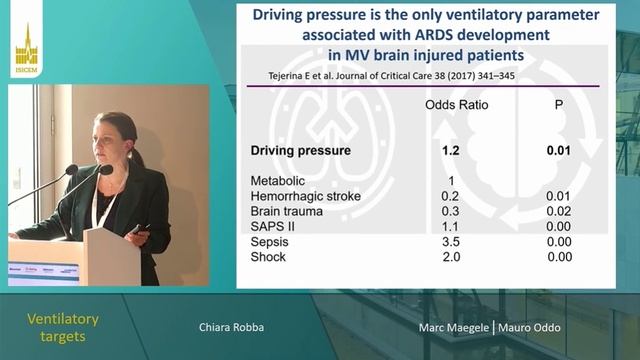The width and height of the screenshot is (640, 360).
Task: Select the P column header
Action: point(559,104)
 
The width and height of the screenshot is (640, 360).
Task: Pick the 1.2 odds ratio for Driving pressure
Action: point(452,151)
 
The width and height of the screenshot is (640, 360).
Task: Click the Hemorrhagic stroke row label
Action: point(305,196)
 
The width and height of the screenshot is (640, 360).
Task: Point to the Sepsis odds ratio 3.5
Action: point(452,241)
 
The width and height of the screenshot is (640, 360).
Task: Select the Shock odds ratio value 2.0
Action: point(452,257)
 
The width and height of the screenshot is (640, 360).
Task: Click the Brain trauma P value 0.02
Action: point(559,211)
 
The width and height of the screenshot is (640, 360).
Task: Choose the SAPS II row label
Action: point(272,226)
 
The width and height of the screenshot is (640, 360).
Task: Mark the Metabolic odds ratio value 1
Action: point(452,181)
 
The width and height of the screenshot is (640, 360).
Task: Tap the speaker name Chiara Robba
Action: point(232,327)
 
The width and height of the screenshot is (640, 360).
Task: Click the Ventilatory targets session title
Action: point(62,327)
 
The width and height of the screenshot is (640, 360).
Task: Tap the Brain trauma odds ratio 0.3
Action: point(452,211)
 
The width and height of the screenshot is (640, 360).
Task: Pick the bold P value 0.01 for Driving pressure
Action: point(559,151)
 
